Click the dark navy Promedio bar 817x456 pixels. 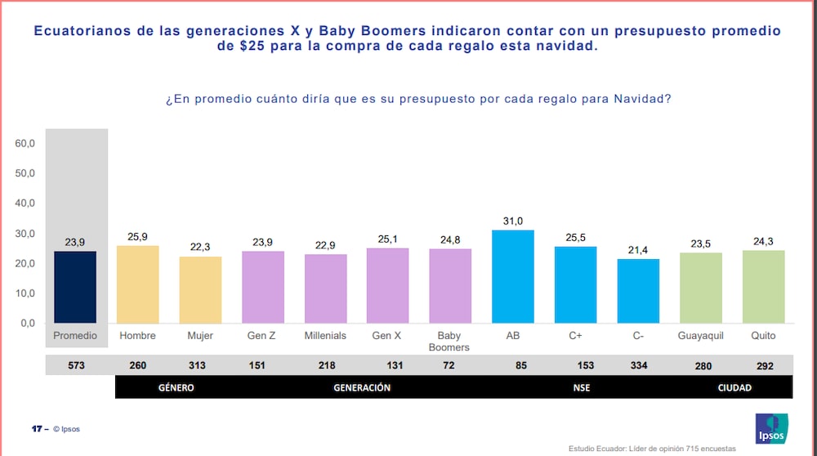point(75,287)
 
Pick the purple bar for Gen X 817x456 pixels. point(387,285)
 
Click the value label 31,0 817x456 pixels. point(512,221)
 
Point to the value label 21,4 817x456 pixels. point(638,249)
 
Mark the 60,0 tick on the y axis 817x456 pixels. point(25,144)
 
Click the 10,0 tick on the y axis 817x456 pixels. point(25,293)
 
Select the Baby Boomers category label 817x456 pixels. point(449,341)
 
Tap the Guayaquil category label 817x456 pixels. point(701,336)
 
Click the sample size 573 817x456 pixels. point(76,366)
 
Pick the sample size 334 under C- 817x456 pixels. point(638,366)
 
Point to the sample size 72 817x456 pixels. point(449,366)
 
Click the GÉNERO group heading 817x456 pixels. point(176,387)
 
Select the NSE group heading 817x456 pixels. point(582,387)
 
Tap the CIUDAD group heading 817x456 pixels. point(734,387)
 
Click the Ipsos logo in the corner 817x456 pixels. point(771,428)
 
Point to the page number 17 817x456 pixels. point(36,429)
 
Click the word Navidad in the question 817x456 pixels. point(642,99)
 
